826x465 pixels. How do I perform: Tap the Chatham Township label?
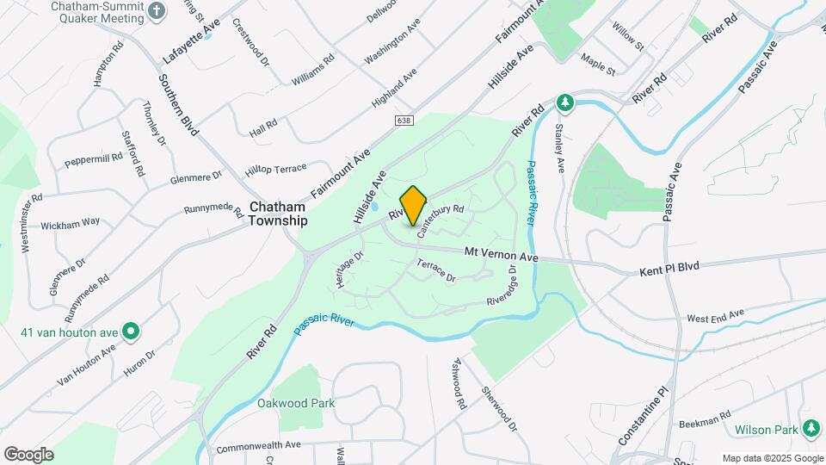tap(278, 214)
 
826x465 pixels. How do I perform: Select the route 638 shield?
tap(404, 121)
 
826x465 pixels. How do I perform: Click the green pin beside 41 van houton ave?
tap(131, 330)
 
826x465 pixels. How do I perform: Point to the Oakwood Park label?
tap(295, 403)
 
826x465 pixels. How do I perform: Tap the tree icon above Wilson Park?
tap(811, 428)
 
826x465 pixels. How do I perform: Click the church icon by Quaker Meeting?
tap(156, 11)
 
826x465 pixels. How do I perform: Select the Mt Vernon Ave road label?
tap(501, 256)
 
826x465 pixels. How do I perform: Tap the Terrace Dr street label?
tap(435, 271)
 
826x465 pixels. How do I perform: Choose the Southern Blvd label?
tap(179, 103)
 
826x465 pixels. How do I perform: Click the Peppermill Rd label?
tap(94, 159)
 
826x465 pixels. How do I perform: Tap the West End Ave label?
tap(715, 316)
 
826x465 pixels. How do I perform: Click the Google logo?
tap(28, 455)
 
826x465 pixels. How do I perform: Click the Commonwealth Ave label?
tap(258, 446)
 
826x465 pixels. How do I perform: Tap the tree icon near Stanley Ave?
tap(564, 103)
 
